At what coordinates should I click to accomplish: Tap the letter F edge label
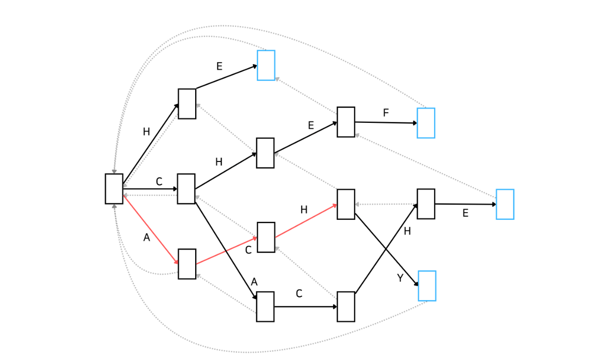click(x=385, y=113)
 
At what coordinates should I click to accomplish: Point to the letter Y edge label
click(x=400, y=278)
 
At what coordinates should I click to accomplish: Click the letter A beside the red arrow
click(x=146, y=238)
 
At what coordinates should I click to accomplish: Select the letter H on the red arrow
click(x=304, y=210)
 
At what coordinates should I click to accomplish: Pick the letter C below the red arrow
click(x=248, y=250)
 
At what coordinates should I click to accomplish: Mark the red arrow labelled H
click(x=306, y=221)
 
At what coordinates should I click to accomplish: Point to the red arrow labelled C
click(x=226, y=251)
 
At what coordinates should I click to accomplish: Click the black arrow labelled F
click(x=386, y=122)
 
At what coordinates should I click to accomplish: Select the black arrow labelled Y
click(x=387, y=250)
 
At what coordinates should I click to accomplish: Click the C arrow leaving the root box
click(x=150, y=189)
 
